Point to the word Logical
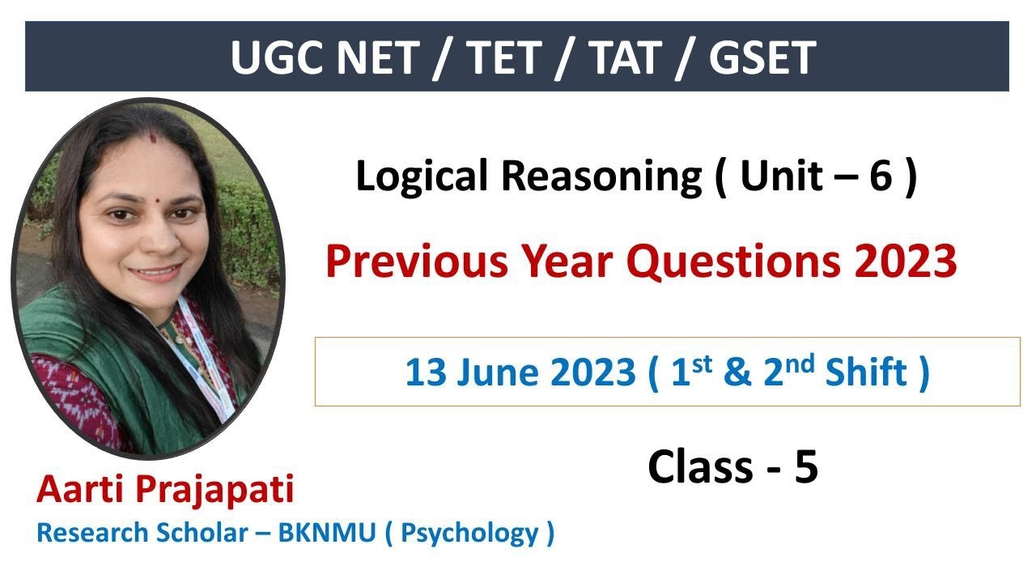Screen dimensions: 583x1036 click(421, 177)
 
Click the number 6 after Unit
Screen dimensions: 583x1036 click(880, 177)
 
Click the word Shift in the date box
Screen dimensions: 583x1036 click(865, 372)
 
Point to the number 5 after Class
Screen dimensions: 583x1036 click(805, 467)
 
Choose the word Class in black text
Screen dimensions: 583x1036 click(699, 467)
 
